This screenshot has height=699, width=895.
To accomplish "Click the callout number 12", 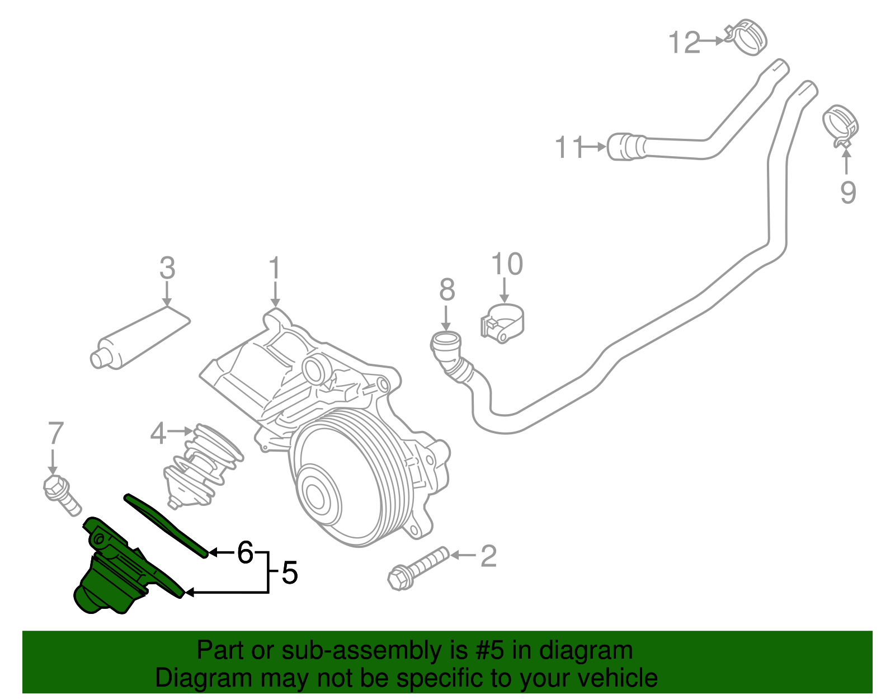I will tap(685, 43).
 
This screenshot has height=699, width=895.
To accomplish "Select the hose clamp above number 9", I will tap(840, 123).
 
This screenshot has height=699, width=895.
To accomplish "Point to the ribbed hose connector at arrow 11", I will tap(626, 147).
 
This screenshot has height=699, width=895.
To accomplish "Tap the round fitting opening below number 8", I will tap(446, 340).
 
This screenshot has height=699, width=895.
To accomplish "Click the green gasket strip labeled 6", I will tap(165, 523).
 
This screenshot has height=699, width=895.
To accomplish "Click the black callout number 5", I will tap(289, 573).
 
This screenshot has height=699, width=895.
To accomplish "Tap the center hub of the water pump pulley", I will tap(315, 496).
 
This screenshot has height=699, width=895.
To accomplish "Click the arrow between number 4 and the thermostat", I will tap(181, 431).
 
